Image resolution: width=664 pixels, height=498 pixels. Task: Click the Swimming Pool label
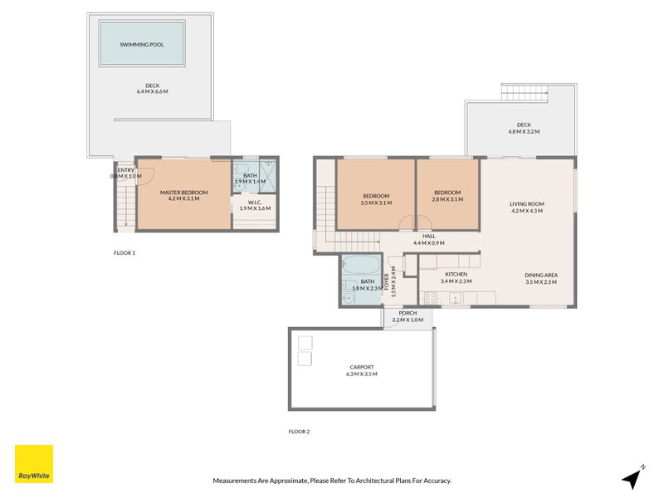pyautogui.click(x=141, y=45)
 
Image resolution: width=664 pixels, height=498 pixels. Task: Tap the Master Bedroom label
pyautogui.click(x=183, y=193)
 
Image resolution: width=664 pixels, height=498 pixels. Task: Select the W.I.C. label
pyautogui.click(x=255, y=203)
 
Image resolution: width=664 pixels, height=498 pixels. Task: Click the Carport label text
pyautogui.click(x=362, y=367)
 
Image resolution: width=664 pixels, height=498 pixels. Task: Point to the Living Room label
pyautogui.click(x=527, y=203)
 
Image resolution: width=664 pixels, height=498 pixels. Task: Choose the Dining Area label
pyautogui.click(x=541, y=275)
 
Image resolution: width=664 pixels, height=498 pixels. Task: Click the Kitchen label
pyautogui.click(x=456, y=274)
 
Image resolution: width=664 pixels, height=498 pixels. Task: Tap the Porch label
pyautogui.click(x=408, y=313)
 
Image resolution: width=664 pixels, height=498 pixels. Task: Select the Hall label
pyautogui.click(x=429, y=236)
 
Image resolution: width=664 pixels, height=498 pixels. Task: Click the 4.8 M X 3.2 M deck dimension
pyautogui.click(x=524, y=132)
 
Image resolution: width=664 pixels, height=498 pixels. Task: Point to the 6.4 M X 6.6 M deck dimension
pyautogui.click(x=153, y=91)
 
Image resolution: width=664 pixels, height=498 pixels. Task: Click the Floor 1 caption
pyautogui.click(x=124, y=253)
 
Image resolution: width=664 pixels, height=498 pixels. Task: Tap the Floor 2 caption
pyautogui.click(x=299, y=432)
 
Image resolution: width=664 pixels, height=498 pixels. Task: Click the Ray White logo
pyautogui.click(x=34, y=464)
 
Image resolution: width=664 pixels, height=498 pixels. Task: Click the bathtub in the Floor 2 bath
pyautogui.click(x=361, y=265)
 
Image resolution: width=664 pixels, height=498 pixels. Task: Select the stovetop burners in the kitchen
pyautogui.click(x=431, y=298)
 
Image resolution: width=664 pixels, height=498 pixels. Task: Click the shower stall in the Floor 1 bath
pyautogui.click(x=267, y=176)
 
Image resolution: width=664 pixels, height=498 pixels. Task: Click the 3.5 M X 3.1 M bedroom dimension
pyautogui.click(x=376, y=203)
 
